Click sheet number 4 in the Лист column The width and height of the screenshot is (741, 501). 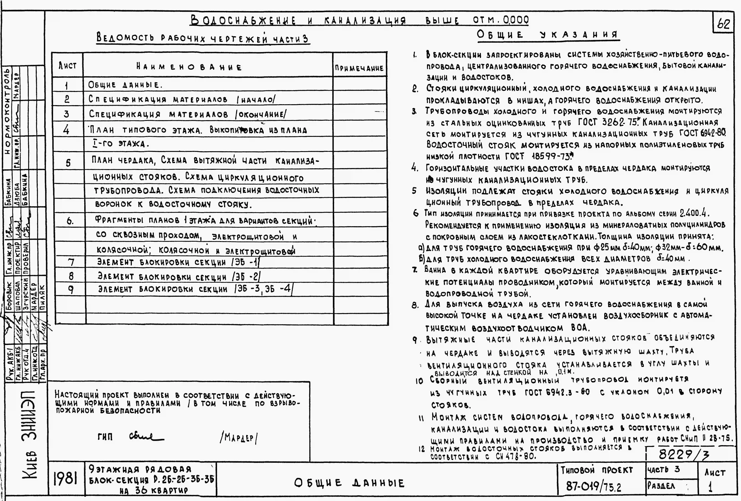(66, 130)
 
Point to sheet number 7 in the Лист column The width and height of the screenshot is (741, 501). (71, 262)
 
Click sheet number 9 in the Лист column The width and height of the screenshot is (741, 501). (71, 289)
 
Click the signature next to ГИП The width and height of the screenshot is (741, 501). (146, 436)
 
